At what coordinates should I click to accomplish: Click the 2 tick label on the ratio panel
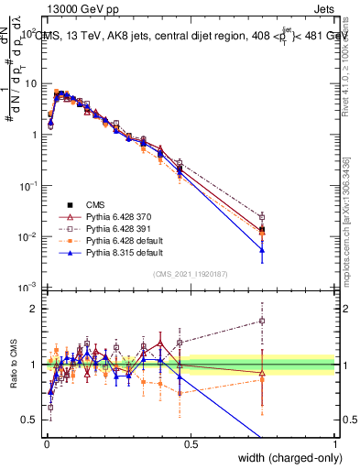[35, 309]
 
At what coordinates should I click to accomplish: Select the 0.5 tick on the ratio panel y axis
[32, 420]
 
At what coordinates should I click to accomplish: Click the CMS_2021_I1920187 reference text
[191, 273]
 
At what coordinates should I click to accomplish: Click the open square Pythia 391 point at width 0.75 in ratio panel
[262, 321]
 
